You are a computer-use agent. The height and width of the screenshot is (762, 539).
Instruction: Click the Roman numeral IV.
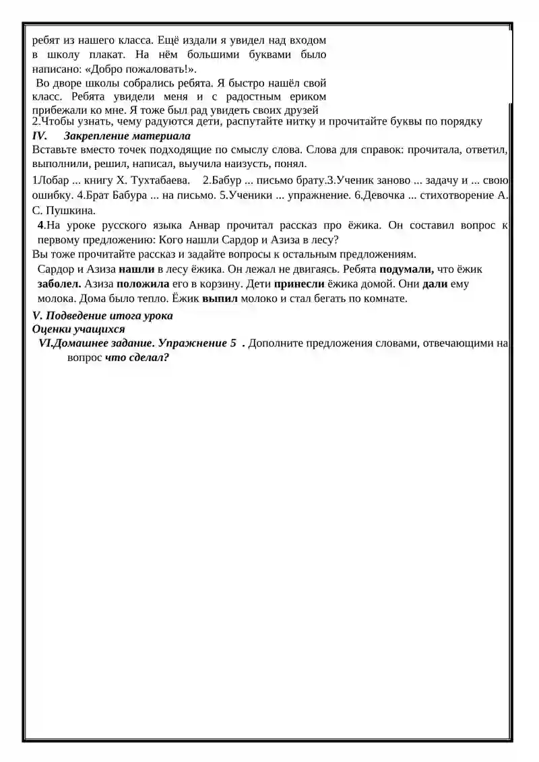click(x=39, y=135)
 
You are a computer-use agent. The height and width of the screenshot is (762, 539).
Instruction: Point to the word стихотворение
click(x=460, y=195)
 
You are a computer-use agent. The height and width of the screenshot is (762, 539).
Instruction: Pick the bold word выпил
click(x=220, y=298)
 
